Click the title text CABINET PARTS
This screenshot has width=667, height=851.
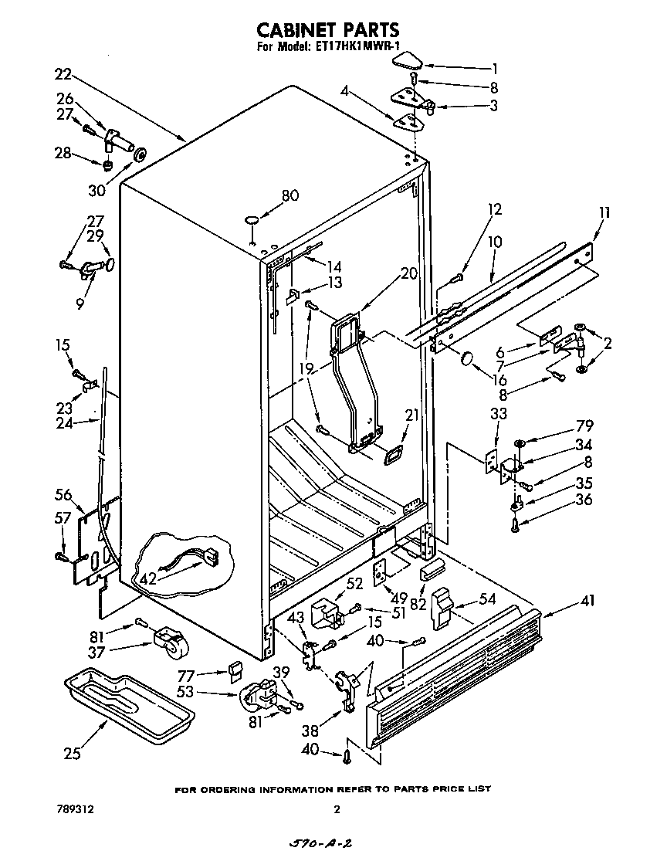pyautogui.click(x=327, y=29)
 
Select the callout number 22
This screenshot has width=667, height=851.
pyautogui.click(x=63, y=75)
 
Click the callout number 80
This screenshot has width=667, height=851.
pyautogui.click(x=289, y=196)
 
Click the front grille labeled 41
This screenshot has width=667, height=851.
pyautogui.click(x=455, y=672)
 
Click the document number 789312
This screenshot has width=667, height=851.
pyautogui.click(x=75, y=810)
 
